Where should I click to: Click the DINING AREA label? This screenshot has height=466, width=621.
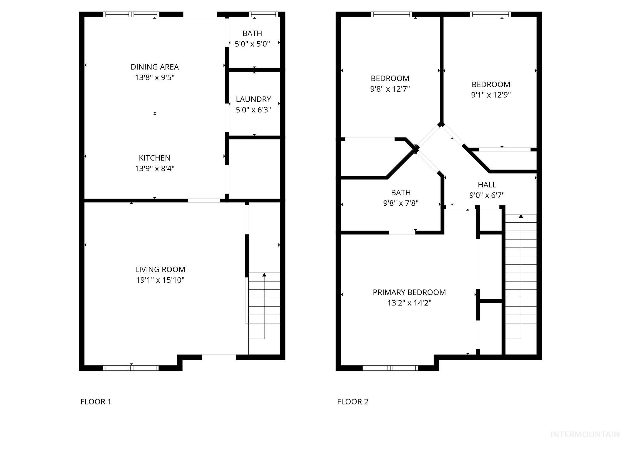click(x=155, y=67)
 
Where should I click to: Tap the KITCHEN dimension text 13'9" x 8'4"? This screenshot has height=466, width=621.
click(x=155, y=168)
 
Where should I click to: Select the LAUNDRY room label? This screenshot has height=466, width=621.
click(x=253, y=99)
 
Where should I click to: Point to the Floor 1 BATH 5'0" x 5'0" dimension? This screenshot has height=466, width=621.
click(x=252, y=44)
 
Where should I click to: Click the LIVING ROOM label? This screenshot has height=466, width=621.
click(x=160, y=269)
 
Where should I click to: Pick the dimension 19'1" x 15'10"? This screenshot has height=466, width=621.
click(x=160, y=280)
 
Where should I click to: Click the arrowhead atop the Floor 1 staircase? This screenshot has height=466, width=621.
click(x=264, y=275)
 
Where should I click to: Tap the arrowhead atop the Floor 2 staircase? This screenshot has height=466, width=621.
click(x=521, y=216)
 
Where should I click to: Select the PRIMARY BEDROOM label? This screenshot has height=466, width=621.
click(x=409, y=292)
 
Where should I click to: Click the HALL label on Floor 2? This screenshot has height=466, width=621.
click(x=487, y=184)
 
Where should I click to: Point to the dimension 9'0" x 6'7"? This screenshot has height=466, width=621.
click(x=487, y=195)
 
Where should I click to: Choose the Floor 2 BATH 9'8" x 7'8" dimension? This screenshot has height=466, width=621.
click(x=401, y=203)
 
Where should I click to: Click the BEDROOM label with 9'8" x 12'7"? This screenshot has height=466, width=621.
click(x=390, y=78)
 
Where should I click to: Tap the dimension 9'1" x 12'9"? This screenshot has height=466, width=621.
click(x=491, y=95)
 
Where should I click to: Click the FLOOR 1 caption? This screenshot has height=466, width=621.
click(x=96, y=402)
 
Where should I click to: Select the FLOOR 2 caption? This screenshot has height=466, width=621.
click(x=353, y=402)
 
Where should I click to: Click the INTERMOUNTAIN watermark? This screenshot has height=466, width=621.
click(x=585, y=434)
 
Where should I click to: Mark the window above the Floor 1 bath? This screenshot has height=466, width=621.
click(x=263, y=14)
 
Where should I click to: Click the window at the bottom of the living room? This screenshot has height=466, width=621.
click(x=131, y=368)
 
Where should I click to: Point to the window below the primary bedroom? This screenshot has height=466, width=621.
click(x=390, y=368)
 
